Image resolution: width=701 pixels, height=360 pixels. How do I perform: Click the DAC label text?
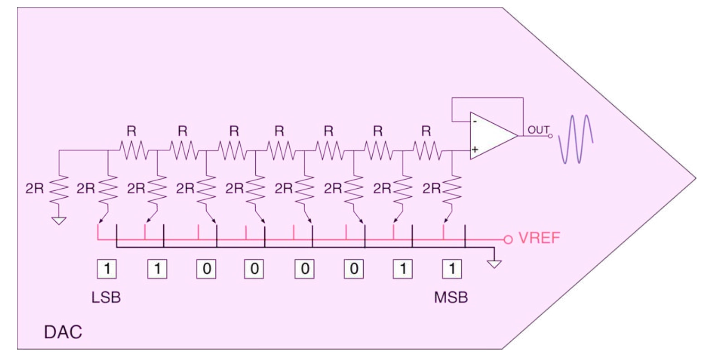[x=63, y=332]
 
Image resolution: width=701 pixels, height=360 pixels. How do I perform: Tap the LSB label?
[x=106, y=297]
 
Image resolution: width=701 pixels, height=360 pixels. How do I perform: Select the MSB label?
[x=451, y=297]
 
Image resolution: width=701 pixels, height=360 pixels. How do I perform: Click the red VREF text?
[x=539, y=238]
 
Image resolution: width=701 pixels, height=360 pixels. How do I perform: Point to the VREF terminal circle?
[x=508, y=240]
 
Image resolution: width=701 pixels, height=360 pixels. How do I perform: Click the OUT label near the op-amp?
[x=538, y=130]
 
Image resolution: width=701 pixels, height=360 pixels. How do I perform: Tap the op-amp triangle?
[x=493, y=136]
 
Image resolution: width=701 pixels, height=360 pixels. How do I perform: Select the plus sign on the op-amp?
[x=475, y=150]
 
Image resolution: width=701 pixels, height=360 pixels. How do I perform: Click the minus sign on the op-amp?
[x=475, y=122]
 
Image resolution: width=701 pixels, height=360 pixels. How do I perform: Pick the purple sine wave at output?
[x=576, y=139]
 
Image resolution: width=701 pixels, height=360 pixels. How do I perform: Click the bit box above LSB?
[x=107, y=268]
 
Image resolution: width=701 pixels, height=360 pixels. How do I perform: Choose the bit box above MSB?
[x=452, y=268]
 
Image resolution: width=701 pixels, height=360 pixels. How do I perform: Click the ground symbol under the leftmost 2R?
[x=59, y=221]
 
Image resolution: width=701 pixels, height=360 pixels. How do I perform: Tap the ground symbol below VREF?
[x=494, y=264]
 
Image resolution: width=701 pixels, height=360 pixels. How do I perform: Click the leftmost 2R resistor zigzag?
[x=59, y=188]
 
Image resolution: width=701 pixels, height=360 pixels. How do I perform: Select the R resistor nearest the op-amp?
[x=427, y=151]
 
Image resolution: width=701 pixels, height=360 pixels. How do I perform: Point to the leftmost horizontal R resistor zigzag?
[x=134, y=151]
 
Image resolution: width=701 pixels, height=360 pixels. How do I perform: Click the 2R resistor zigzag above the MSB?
[x=452, y=188]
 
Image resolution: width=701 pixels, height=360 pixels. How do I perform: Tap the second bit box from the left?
[x=157, y=268]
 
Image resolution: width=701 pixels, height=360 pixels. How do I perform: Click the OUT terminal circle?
[x=550, y=136]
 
